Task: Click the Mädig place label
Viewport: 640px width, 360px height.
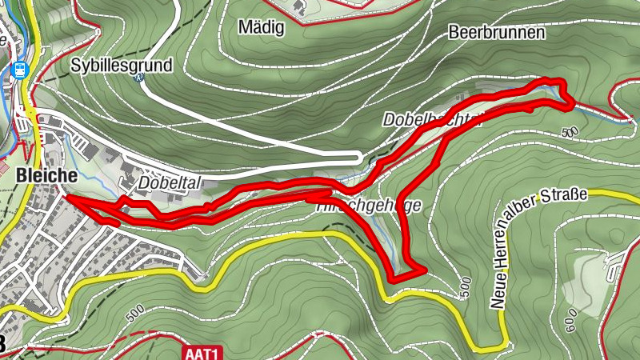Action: coord(262,27)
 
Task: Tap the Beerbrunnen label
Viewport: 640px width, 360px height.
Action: coord(497,33)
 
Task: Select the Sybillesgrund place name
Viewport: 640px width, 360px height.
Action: coord(122,65)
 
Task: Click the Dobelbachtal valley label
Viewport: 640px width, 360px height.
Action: coord(432,120)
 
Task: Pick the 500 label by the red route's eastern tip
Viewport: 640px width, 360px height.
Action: coord(569,131)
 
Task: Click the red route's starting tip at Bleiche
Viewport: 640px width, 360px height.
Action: coord(66,195)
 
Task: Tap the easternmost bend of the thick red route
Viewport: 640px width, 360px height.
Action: coord(571,102)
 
